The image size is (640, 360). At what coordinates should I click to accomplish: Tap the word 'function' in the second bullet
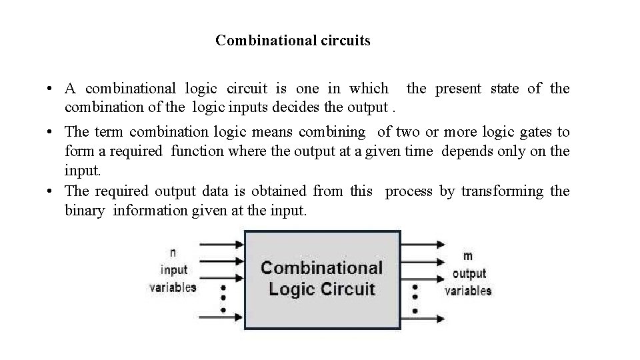coord(197,151)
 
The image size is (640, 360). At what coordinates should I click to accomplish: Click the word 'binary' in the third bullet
coord(85,211)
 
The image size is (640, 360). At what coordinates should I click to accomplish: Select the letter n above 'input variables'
coord(173,253)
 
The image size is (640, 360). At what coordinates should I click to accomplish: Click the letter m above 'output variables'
coord(468,256)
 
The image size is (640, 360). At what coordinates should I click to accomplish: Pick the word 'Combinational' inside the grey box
coord(321,268)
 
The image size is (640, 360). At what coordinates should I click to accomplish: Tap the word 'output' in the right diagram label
coord(469,273)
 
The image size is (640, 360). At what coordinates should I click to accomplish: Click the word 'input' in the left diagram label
coord(174,270)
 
